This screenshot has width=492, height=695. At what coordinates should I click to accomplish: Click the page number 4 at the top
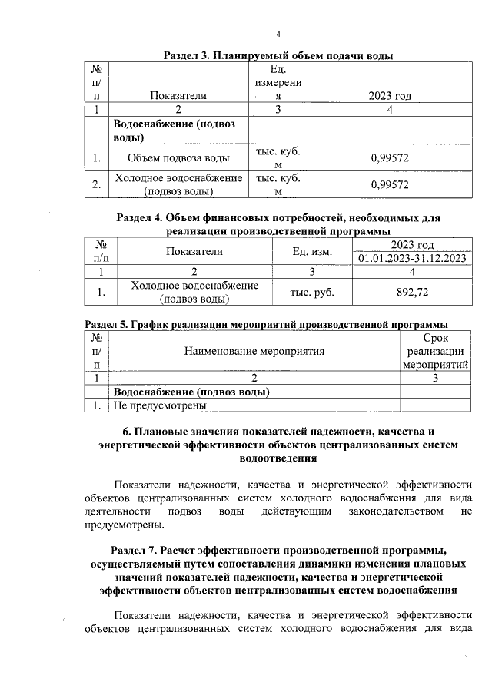278,34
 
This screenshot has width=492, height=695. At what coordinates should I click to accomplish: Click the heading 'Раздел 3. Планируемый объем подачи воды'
279,56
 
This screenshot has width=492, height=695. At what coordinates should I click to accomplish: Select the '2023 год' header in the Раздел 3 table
390,96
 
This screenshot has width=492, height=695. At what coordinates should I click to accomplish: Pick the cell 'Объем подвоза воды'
178,159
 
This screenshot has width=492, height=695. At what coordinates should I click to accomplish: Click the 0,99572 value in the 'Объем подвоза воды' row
389,159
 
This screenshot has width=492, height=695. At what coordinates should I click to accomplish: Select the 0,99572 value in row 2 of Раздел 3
389,185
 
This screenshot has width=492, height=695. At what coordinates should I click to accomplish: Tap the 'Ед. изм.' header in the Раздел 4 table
311,251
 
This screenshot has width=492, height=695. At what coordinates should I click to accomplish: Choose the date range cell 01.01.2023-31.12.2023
412,258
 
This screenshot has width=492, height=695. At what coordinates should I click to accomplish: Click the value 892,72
412,292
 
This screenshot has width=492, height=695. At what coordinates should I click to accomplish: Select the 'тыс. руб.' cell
311,292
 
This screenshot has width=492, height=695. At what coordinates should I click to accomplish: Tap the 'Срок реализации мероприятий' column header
436,351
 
